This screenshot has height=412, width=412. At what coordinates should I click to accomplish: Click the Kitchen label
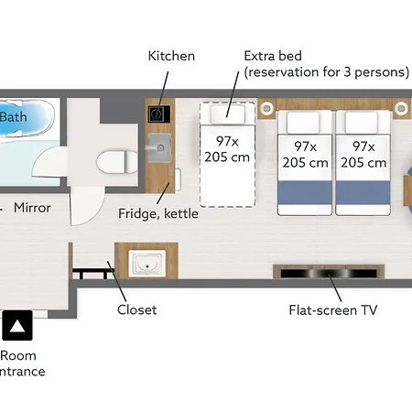[171, 56]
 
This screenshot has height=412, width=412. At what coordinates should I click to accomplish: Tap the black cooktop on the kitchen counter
[159, 114]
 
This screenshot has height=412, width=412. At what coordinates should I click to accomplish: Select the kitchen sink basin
[159, 148]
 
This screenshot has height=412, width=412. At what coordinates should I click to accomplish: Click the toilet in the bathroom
[117, 161]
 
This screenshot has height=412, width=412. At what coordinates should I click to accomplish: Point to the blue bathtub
[27, 117]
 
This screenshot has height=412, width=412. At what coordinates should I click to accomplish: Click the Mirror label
[32, 208]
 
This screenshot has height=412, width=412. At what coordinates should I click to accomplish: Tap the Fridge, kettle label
[158, 213]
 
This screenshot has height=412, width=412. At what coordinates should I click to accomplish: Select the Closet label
[136, 309]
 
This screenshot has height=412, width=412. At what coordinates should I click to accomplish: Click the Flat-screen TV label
[333, 310]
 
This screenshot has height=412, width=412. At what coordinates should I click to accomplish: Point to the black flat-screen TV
[329, 273]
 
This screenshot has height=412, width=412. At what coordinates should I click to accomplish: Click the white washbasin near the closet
[147, 264]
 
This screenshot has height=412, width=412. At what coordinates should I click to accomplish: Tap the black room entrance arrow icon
[17, 325]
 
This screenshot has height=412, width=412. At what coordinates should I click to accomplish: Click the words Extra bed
[273, 56]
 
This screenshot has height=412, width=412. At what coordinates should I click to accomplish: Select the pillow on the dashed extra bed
[228, 114]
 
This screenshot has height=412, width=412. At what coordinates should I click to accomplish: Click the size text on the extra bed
[227, 149]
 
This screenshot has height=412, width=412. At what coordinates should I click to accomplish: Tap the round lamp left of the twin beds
[267, 108]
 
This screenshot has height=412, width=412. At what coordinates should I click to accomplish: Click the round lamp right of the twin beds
[401, 108]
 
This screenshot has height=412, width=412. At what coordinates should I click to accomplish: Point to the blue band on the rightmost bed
[363, 192]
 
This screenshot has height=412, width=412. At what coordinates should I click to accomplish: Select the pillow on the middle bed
[303, 123]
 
